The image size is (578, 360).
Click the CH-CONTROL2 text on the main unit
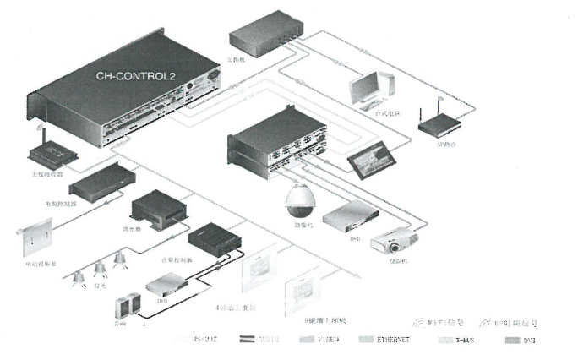136,75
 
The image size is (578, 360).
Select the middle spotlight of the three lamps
101,267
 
